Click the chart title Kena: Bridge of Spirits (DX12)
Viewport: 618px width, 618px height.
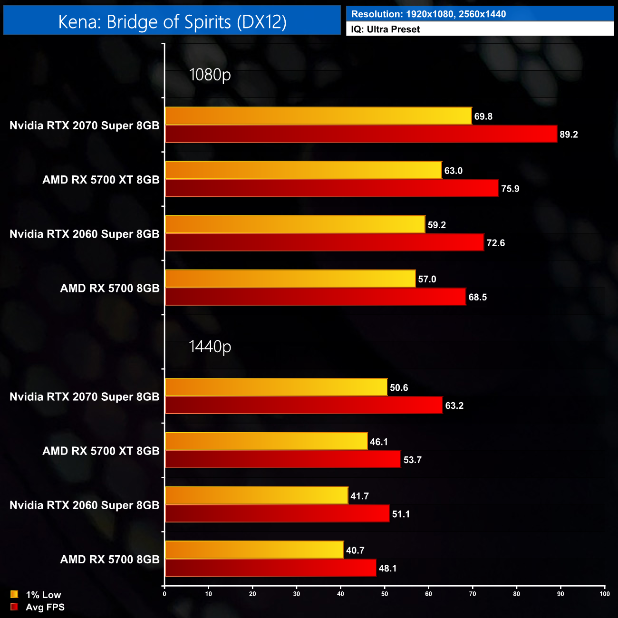point(172,22)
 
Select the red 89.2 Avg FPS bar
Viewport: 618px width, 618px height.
point(361,134)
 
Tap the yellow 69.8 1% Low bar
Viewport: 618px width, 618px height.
point(318,116)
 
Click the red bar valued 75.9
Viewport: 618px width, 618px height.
point(331,188)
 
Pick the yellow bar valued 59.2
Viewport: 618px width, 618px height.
point(295,224)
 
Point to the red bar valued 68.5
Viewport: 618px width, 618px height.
point(315,297)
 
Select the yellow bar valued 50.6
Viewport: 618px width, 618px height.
point(276,387)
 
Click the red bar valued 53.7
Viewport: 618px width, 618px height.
point(283,459)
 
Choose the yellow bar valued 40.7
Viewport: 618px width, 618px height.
point(254,550)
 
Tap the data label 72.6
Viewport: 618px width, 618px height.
point(495,243)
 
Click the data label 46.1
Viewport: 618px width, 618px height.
point(379,442)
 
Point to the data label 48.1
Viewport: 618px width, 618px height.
point(387,568)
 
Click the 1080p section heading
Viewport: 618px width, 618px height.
point(210,75)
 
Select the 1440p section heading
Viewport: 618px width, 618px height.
point(210,347)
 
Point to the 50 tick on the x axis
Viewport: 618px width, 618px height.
point(385,594)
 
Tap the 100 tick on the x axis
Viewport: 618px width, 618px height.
point(604,594)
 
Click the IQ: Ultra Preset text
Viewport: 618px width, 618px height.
point(385,29)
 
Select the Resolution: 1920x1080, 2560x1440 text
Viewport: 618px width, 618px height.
point(428,14)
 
